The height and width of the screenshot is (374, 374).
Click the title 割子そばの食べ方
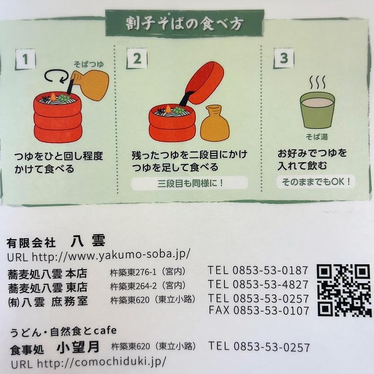(x=184, y=23)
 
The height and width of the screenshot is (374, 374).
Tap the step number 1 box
(x=25, y=59)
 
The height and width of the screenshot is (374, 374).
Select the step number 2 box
(x=137, y=58)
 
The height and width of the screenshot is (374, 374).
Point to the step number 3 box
(x=284, y=58)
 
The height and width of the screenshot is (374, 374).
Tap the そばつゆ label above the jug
(x=89, y=64)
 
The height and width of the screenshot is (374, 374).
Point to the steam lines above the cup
(x=317, y=82)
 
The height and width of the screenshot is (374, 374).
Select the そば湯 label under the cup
(x=317, y=137)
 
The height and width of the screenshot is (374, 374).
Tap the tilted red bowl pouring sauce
(x=204, y=83)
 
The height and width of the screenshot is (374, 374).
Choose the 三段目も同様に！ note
(x=190, y=183)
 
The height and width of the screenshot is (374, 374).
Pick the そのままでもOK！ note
(x=316, y=182)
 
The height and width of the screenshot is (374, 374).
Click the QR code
(x=344, y=290)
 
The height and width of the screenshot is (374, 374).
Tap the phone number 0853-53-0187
(x=270, y=270)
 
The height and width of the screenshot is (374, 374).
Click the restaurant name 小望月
(x=78, y=347)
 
